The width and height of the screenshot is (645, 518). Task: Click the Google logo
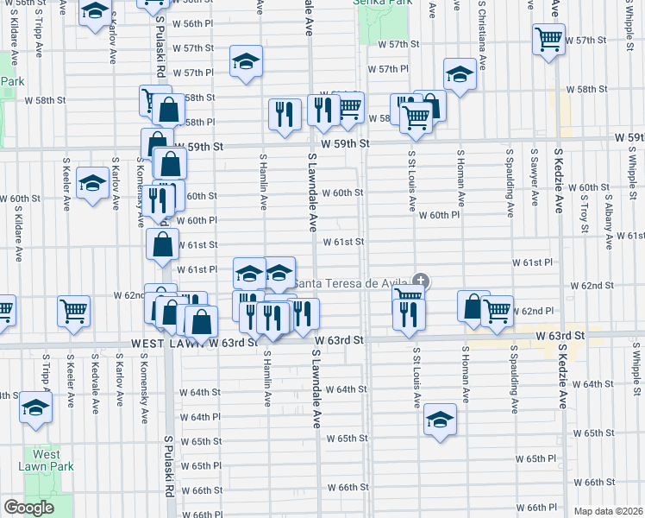coord(28,508)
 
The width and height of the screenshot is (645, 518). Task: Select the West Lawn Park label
coord(47,460)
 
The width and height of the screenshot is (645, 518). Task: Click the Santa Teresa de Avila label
coord(351,283)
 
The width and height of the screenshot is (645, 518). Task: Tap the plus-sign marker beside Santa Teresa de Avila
coord(420,281)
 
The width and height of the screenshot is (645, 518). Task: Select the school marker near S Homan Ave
coord(460,76)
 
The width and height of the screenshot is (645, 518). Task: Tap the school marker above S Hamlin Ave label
coord(246,62)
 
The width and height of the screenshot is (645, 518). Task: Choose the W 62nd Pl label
coord(532,311)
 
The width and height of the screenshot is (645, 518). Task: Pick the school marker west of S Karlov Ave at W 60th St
coord(91,184)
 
